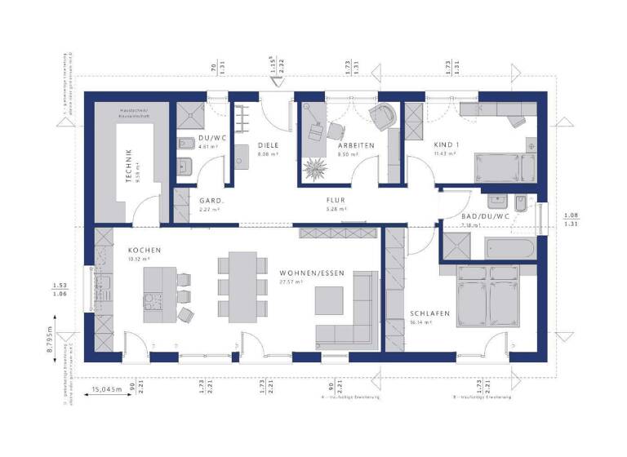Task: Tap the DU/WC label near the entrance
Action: [211, 138]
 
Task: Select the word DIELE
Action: [269, 145]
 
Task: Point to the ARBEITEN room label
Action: [356, 145]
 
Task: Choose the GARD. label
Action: [211, 200]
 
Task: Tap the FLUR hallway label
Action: [336, 200]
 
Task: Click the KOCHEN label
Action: [143, 250]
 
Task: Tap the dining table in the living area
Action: [242, 286]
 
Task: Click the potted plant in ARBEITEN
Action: [315, 170]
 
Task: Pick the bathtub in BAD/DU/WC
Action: [507, 246]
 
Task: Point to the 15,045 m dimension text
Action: [106, 389]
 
